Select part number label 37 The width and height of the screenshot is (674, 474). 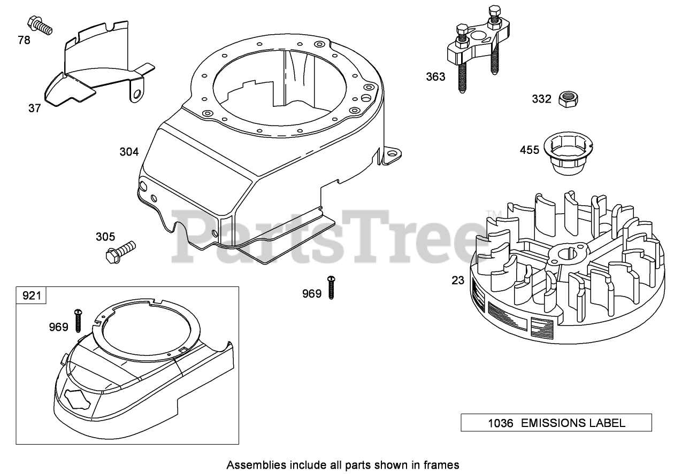[34, 108]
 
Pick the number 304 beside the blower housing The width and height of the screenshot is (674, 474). [129, 152]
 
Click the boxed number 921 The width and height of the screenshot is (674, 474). [32, 294]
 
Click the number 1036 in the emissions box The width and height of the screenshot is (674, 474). [500, 423]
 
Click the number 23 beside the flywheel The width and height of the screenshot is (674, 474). [457, 279]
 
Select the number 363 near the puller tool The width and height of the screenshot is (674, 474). [435, 77]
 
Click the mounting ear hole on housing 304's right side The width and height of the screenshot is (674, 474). [393, 153]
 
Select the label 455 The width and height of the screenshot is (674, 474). [530, 150]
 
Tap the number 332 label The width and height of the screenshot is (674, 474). [541, 99]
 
